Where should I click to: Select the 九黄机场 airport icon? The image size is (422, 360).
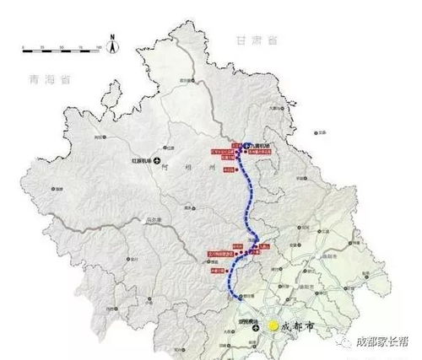(246, 146)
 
